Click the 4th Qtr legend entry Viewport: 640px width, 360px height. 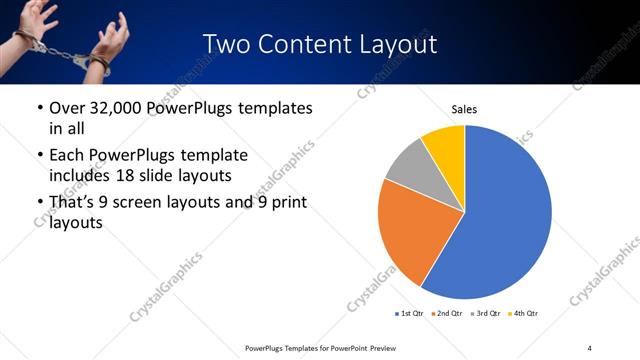click(x=526, y=313)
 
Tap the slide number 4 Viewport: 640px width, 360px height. click(x=590, y=347)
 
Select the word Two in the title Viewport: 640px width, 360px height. click(x=226, y=45)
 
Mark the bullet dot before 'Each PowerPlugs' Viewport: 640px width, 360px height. click(x=39, y=156)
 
